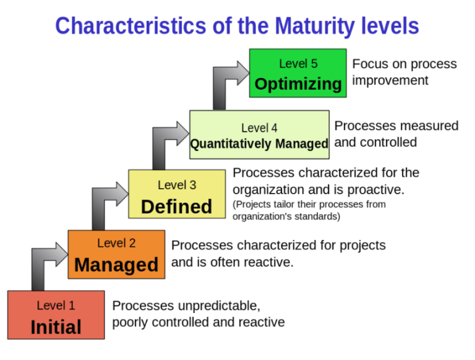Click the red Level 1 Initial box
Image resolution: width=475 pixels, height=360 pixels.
pos(56,315)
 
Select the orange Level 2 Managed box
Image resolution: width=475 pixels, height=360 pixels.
pos(116,254)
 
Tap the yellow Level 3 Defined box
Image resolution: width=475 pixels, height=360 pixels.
pos(176,194)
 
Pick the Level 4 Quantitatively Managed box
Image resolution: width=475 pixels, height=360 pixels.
pos(259,135)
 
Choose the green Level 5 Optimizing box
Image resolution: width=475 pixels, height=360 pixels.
pos(297,73)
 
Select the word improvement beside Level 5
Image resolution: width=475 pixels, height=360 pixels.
pos(390,80)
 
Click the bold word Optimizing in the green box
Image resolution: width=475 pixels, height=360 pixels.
pos(297,84)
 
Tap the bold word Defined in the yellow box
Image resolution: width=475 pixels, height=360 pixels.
pos(176,206)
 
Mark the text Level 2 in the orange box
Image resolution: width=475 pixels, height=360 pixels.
pos(116,243)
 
